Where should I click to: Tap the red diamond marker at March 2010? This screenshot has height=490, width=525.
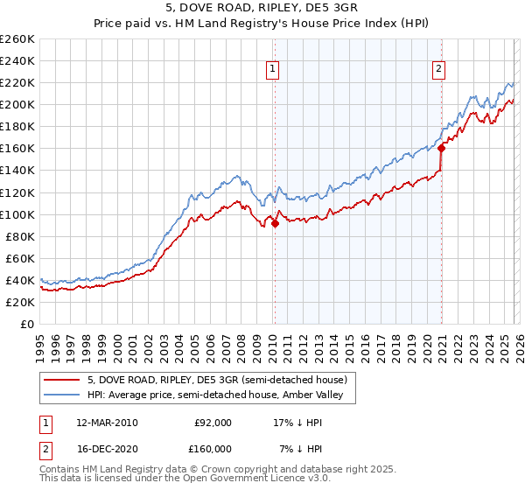point(275,223)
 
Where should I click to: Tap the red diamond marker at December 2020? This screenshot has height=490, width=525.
point(442,148)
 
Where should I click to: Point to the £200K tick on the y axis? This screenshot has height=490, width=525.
point(17,104)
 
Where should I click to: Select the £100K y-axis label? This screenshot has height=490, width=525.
point(17,214)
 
